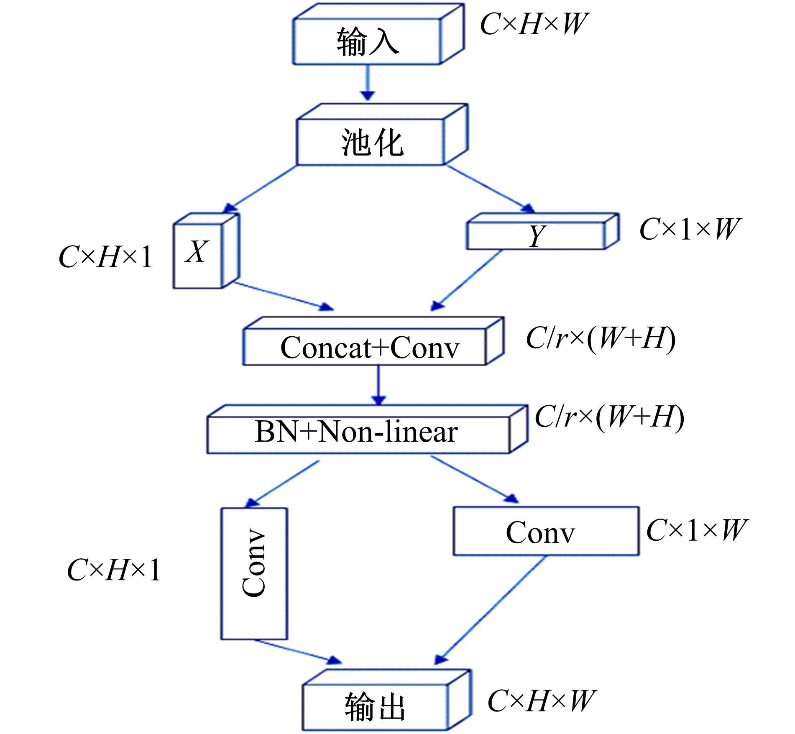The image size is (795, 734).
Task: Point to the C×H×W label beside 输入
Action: [x=534, y=24]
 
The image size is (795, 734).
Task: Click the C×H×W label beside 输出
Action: [x=540, y=701]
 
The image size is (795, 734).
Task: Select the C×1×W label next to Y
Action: [x=689, y=229]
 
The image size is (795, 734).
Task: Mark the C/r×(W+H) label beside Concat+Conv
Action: [x=601, y=338]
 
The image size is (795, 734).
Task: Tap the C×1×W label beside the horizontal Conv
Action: [x=696, y=530]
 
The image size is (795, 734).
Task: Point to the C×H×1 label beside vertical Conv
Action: [x=114, y=570]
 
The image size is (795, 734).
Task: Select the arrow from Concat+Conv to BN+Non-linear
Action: [x=378, y=385]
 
